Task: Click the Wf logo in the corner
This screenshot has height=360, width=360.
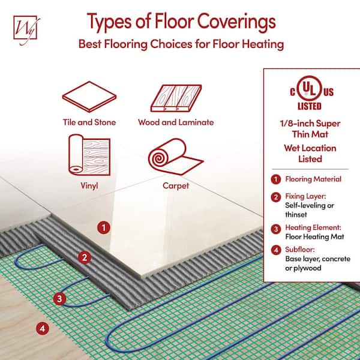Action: [x=26, y=30]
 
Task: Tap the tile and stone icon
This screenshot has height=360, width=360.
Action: [x=89, y=97]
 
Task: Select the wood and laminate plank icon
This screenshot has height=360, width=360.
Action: [x=176, y=98]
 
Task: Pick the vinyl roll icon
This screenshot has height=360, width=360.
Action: [x=89, y=155]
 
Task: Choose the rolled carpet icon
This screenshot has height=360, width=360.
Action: [x=176, y=157]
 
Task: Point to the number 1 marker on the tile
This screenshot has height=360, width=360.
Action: [x=104, y=227]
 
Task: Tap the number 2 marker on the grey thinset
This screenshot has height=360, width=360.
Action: [x=85, y=257]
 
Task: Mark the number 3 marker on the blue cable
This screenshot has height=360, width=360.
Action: [x=59, y=299]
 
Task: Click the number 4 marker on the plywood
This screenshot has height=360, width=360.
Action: [x=43, y=328]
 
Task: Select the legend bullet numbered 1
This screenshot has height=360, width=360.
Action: [x=276, y=179]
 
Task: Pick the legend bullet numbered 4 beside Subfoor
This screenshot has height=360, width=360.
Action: [x=276, y=250]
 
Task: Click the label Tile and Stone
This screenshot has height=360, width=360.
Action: [x=89, y=122]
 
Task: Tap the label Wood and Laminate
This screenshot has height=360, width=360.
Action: [x=176, y=122]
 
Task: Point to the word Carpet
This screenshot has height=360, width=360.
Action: [x=176, y=186]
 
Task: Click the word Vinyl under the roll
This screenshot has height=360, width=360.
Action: [x=89, y=186]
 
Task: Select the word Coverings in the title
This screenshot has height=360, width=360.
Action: [x=236, y=22]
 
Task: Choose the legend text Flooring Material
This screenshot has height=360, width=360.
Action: [x=313, y=179]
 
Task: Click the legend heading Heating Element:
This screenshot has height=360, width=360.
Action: [x=313, y=227]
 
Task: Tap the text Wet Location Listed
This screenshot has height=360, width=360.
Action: [x=310, y=154]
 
